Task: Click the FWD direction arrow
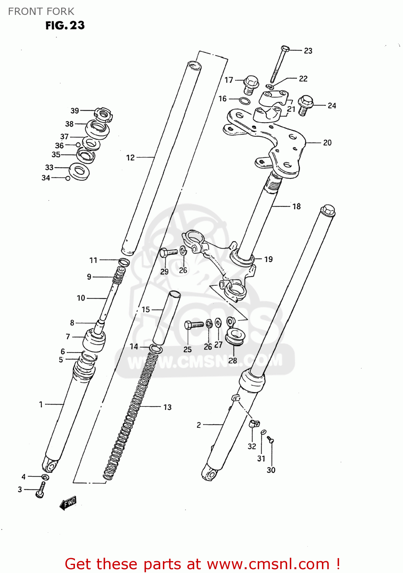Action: coord(68,503)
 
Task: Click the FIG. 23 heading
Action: coord(65,26)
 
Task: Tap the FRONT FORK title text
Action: coord(41,11)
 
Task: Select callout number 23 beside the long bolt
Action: coord(308,51)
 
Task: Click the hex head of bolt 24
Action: coord(305,102)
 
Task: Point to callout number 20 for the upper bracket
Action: coord(327,143)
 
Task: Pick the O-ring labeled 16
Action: coord(245,101)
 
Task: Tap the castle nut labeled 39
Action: coord(104,114)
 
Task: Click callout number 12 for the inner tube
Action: coord(130,157)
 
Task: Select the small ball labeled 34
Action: coord(68,178)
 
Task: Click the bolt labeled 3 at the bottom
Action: coord(41,490)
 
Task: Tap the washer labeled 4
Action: coord(45,477)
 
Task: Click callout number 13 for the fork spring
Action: coord(167,407)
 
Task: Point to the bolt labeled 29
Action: coord(168,253)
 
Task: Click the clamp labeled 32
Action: coord(255,423)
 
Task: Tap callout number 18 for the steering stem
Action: coord(296,206)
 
